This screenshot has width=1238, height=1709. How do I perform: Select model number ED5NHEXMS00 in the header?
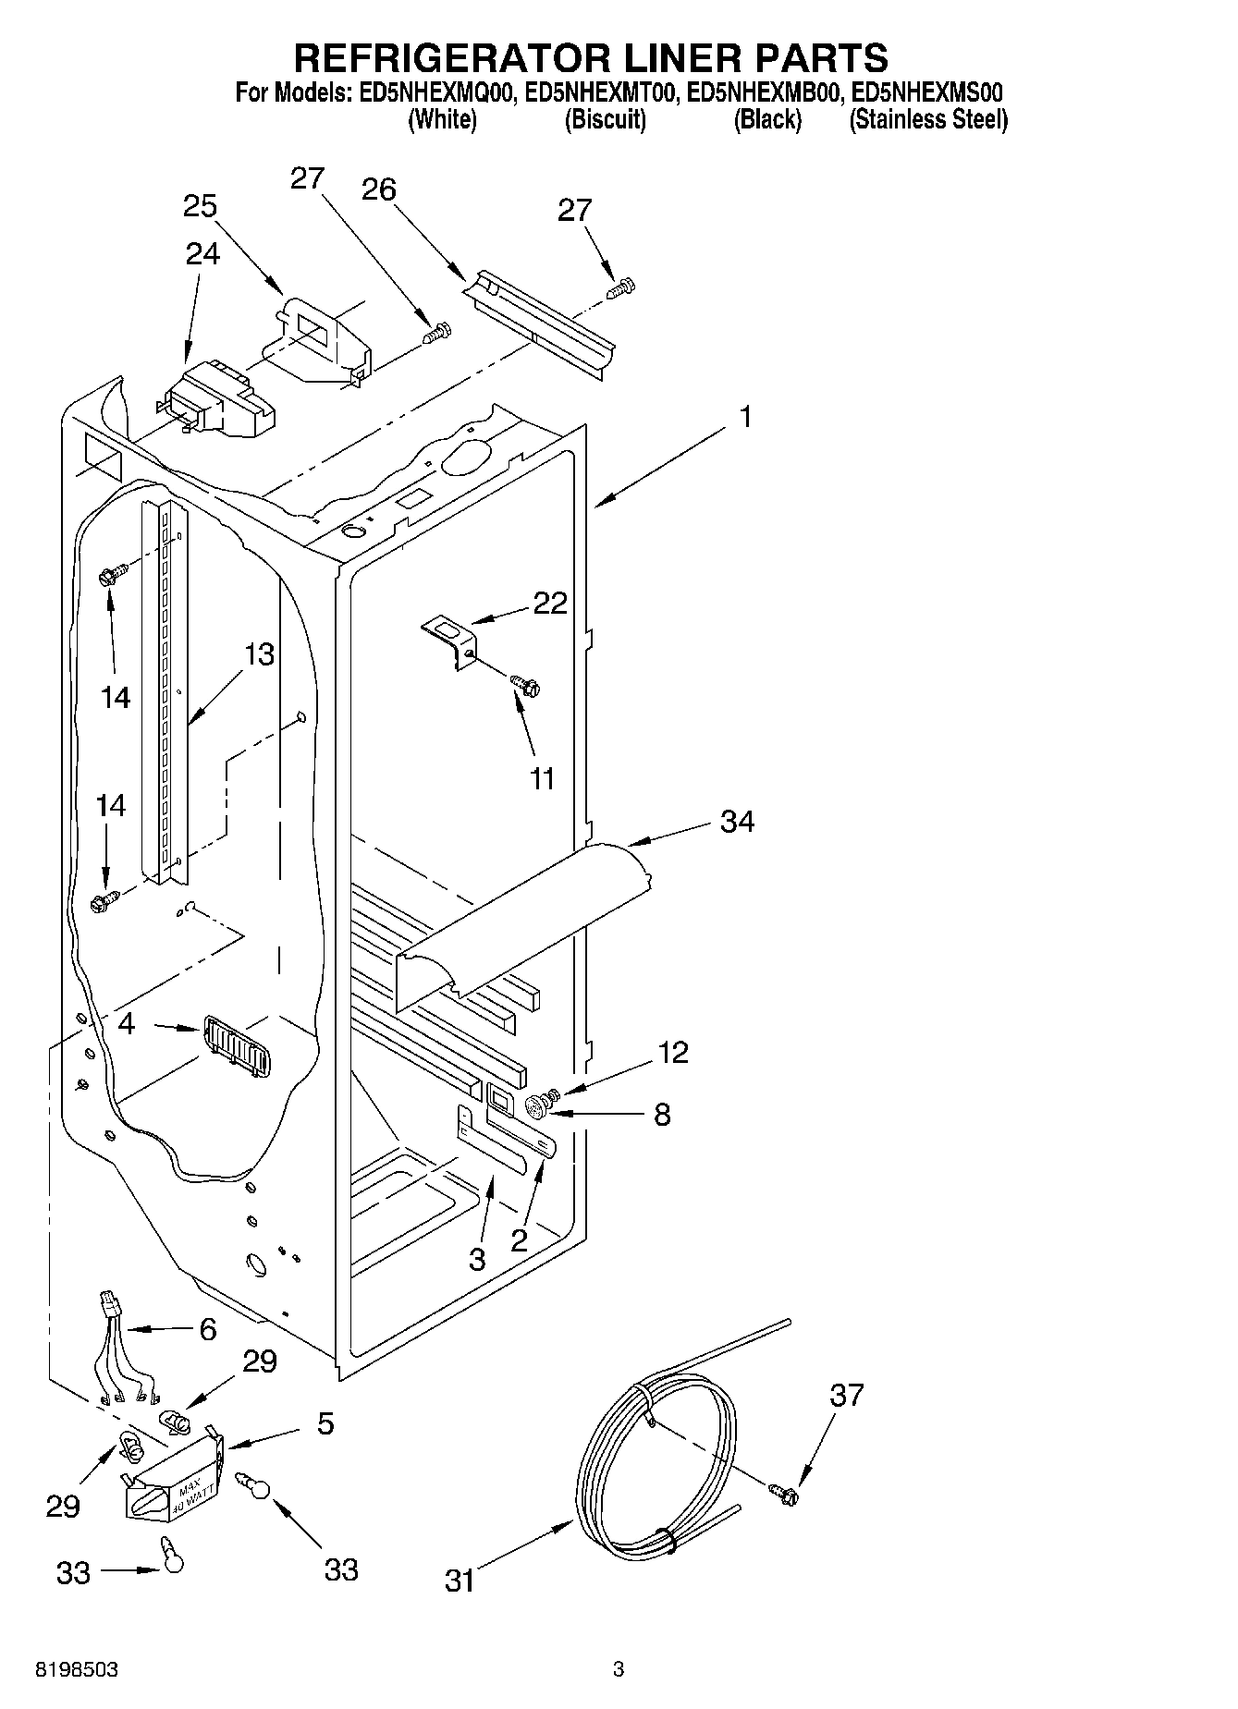tap(927, 92)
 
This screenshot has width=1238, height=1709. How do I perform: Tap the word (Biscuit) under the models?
tap(605, 119)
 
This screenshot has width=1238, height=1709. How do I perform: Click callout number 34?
tap(737, 821)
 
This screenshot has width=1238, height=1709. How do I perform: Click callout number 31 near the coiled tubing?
tap(460, 1581)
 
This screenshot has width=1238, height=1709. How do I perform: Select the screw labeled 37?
tap(786, 1490)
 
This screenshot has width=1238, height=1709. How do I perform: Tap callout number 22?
tap(550, 603)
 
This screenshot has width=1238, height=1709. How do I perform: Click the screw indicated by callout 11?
tap(526, 686)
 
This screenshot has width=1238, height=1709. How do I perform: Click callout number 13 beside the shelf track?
tap(260, 654)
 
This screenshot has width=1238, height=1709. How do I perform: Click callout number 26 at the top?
tap(378, 189)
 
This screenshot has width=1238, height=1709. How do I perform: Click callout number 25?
tap(200, 205)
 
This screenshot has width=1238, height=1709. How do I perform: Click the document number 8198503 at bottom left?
tap(77, 1669)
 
